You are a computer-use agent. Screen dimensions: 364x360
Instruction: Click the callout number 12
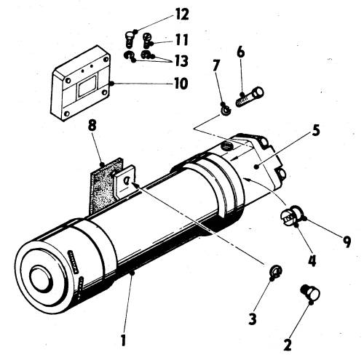(181, 15)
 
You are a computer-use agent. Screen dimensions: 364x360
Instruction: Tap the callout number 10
(181, 84)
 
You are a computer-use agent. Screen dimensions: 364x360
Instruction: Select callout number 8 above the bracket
(92, 126)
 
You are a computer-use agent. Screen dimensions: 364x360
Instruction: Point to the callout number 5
(315, 131)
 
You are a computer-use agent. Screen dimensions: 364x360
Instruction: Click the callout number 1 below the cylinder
(124, 340)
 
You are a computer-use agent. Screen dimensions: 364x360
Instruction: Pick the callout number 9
(347, 241)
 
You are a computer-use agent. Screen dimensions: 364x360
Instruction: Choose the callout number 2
(288, 345)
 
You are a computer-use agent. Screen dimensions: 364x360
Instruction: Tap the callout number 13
(181, 60)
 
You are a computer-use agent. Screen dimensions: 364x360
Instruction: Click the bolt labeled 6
(250, 97)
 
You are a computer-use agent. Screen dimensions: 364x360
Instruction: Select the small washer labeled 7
(226, 111)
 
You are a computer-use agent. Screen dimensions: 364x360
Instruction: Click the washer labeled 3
(276, 271)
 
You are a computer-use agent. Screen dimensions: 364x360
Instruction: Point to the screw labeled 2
(311, 292)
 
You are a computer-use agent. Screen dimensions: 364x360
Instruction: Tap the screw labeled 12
(129, 39)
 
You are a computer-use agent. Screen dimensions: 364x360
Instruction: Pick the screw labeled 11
(147, 40)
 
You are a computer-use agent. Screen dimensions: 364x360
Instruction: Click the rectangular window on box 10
(87, 86)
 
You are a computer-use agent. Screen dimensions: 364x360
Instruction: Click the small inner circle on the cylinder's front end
(41, 279)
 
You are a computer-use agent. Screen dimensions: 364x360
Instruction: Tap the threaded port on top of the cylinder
(226, 146)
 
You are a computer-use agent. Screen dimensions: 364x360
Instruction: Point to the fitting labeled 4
(289, 215)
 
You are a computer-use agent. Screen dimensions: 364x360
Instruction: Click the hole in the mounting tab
(126, 180)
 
